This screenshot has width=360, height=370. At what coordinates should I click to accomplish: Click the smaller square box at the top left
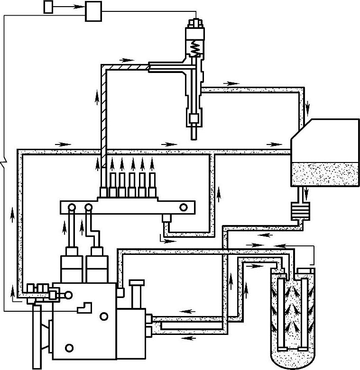tap(48, 6)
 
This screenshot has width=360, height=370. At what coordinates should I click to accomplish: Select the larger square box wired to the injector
tap(93, 11)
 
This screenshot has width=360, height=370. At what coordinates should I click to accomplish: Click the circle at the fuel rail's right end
tap(184, 207)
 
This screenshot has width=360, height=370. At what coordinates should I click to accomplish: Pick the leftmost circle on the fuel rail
tap(71, 207)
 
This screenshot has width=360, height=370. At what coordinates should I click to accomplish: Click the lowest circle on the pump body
tap(70, 348)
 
